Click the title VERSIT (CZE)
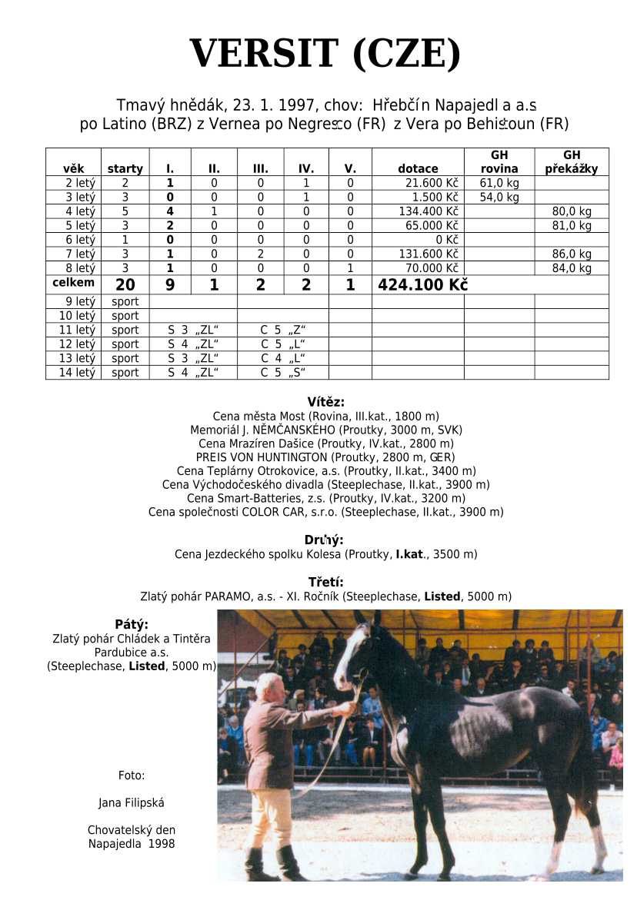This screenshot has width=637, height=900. click(x=325, y=55)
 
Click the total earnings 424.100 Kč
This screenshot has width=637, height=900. click(x=422, y=285)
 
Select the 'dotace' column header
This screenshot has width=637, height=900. click(x=418, y=169)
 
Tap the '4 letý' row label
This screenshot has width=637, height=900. click(x=80, y=211)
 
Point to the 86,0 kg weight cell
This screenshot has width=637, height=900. click(x=572, y=254)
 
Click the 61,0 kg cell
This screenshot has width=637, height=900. click(x=499, y=183)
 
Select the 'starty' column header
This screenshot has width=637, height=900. click(x=125, y=169)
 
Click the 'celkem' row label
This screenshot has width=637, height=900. click(x=73, y=283)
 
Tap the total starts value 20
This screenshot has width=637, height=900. click(x=125, y=285)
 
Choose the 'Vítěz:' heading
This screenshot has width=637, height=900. click(x=325, y=402)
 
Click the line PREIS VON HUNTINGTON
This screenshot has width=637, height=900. click(x=325, y=457)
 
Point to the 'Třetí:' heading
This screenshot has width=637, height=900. click(x=325, y=582)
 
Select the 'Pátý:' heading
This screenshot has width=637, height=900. click(x=132, y=624)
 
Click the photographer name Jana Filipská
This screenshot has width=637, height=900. click(x=132, y=803)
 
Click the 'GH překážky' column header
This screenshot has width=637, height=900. click(x=571, y=162)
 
